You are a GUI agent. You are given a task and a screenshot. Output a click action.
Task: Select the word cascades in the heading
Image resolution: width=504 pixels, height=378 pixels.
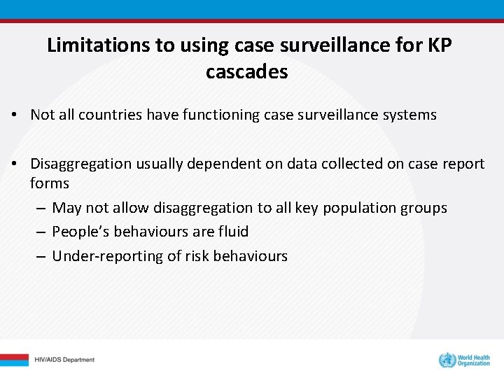246,71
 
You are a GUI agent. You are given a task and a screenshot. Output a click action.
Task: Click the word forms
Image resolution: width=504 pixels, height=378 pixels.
50,183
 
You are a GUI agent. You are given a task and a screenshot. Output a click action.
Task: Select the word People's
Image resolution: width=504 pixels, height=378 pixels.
80,232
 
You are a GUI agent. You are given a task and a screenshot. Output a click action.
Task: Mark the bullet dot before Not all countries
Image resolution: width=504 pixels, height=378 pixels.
14,115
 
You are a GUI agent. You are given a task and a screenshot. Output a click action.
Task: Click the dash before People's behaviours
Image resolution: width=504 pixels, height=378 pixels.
42,232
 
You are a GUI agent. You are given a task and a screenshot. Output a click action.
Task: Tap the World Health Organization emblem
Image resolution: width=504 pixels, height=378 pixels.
446,360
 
